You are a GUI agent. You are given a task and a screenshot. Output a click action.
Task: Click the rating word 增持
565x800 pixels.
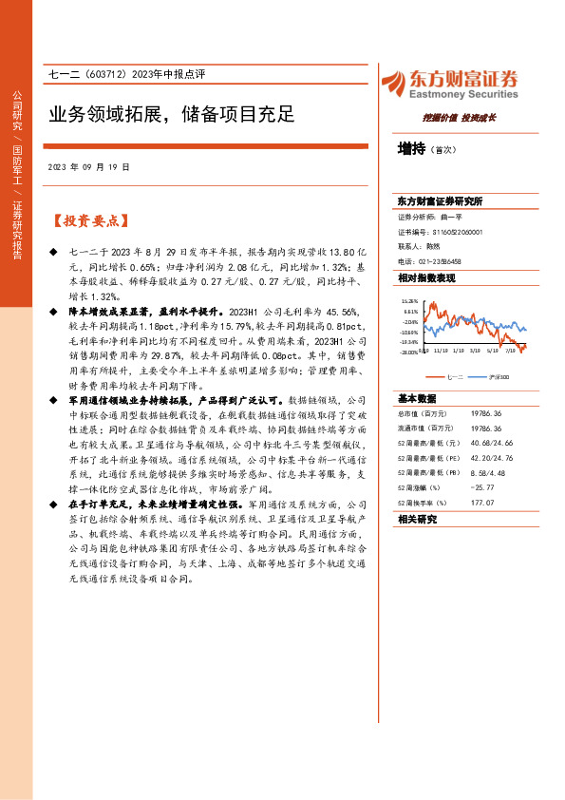(x=411, y=149)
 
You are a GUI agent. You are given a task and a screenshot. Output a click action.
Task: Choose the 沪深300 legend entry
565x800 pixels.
(x=499, y=378)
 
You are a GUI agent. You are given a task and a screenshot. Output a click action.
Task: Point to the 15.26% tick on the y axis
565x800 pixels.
(x=410, y=299)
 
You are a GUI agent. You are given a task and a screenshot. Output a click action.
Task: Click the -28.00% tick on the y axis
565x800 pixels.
(x=408, y=352)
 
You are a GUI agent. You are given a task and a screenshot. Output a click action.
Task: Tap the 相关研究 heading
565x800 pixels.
(x=417, y=520)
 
